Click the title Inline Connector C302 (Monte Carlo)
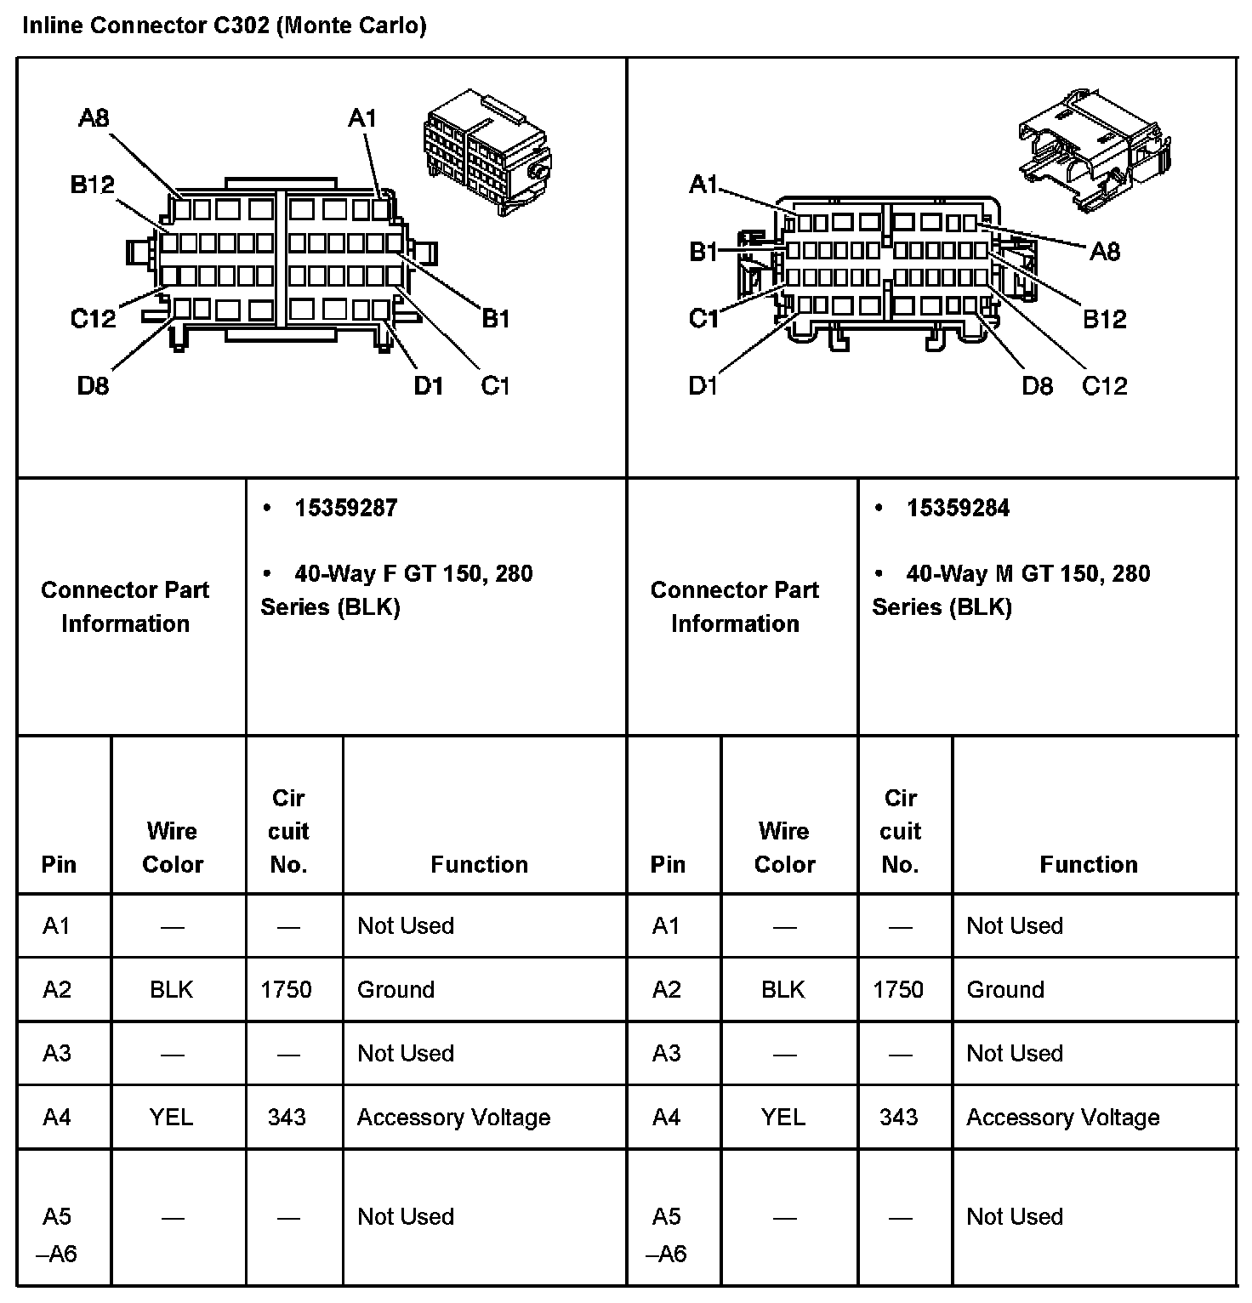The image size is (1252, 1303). click(x=224, y=26)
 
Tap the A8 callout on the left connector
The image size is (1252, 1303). click(x=94, y=118)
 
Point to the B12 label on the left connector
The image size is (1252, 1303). click(x=92, y=185)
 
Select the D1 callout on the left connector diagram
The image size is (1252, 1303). click(x=429, y=386)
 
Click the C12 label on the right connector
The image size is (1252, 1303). click(x=1104, y=386)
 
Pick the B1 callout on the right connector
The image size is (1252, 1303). click(x=703, y=252)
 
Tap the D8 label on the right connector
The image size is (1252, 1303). click(x=1037, y=386)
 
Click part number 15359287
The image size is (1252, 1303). click(x=345, y=509)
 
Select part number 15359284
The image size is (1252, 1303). click(x=958, y=509)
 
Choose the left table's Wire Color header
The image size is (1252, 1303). click(x=173, y=847)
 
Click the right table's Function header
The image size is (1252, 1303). click(x=1089, y=864)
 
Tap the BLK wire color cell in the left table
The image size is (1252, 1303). click(x=172, y=990)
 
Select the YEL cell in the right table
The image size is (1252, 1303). click(x=783, y=1117)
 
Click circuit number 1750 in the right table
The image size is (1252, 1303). click(x=898, y=990)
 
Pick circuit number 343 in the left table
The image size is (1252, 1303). click(x=287, y=1117)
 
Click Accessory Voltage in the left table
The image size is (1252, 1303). click(x=453, y=1117)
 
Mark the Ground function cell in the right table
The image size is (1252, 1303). click(x=1005, y=990)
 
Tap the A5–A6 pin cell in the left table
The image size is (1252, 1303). click(x=58, y=1234)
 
